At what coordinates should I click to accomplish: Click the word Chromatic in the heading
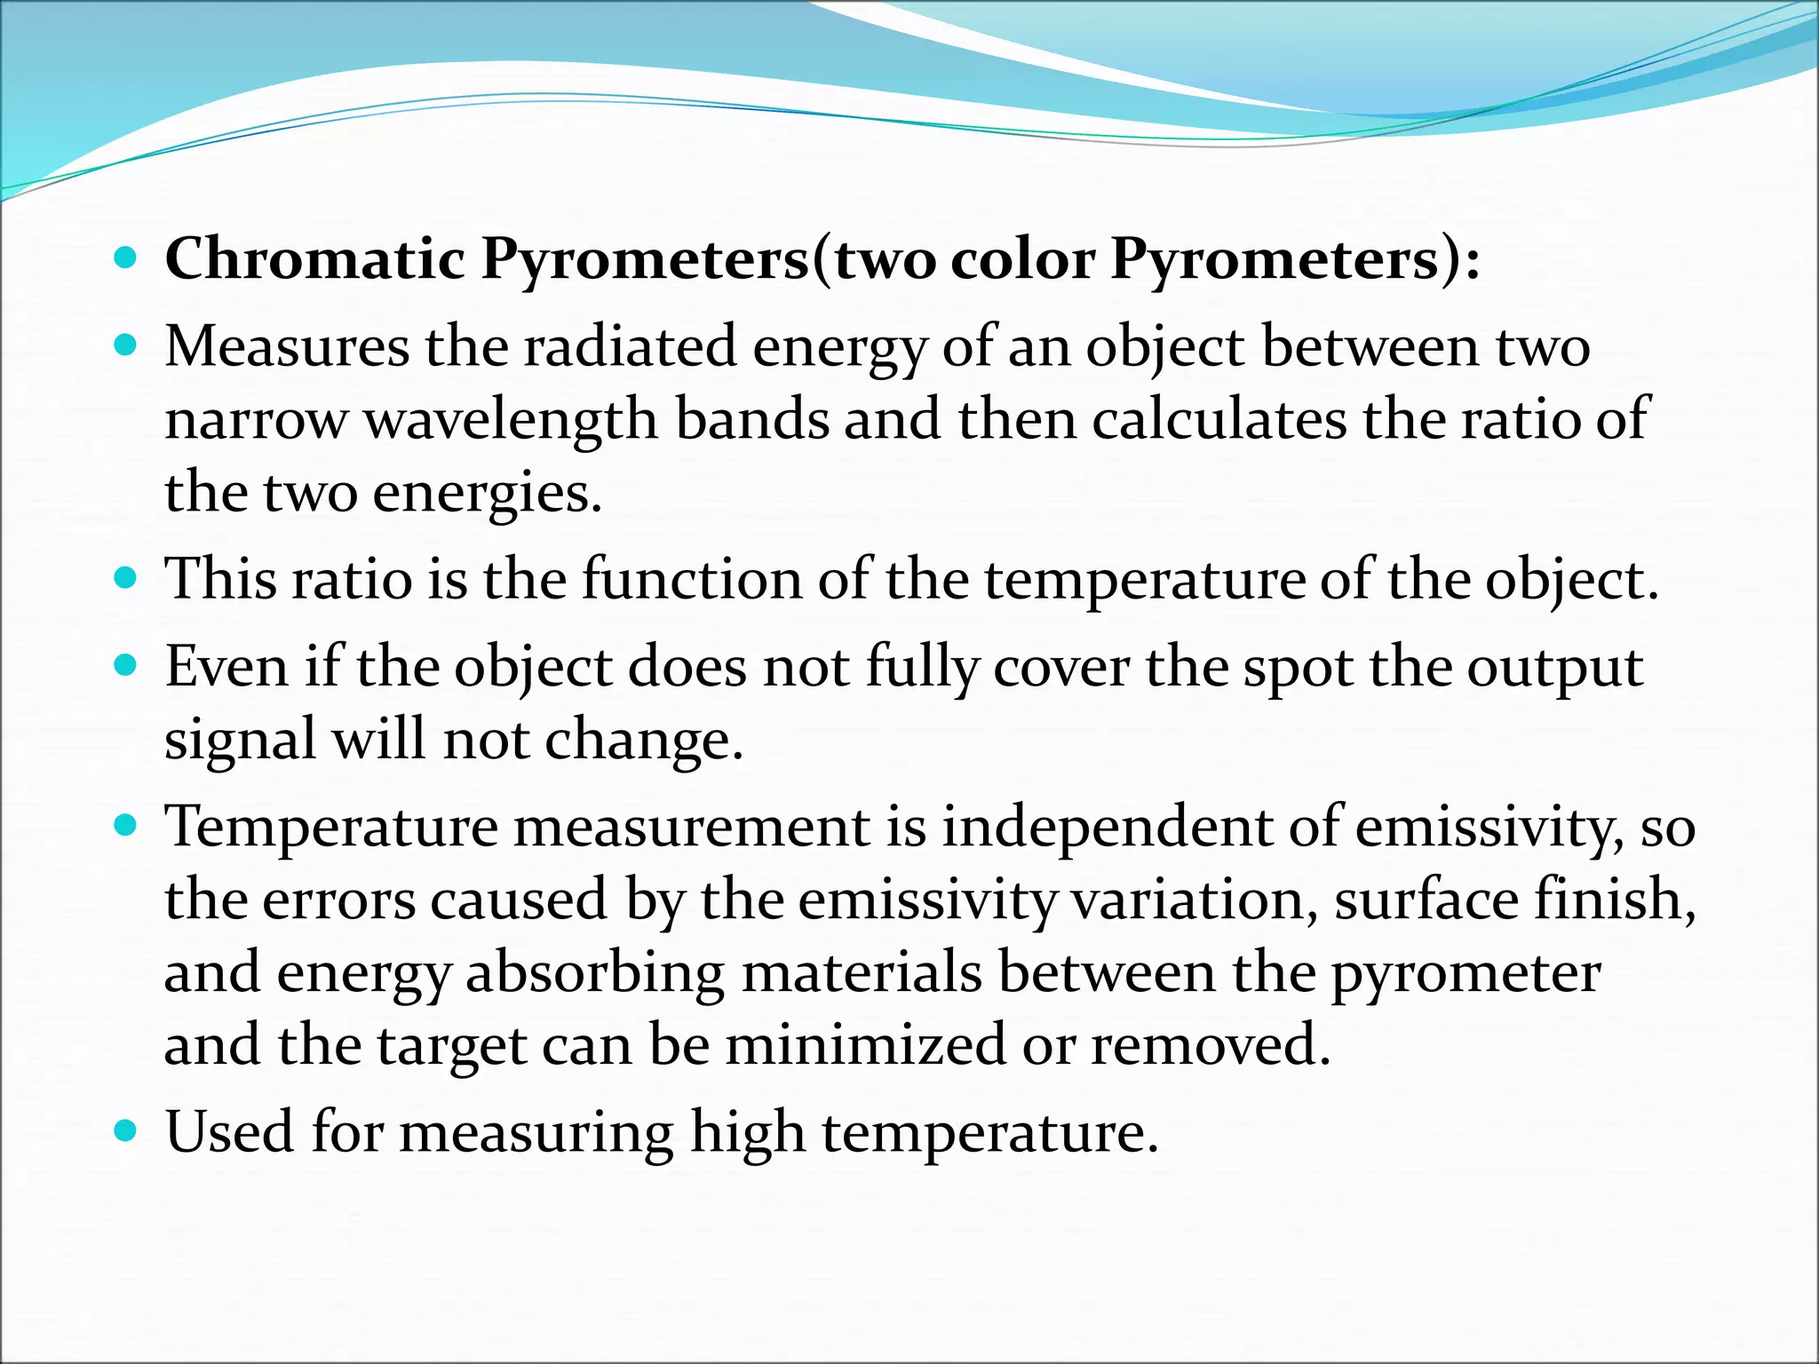point(315,259)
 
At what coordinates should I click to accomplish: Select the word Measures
point(287,346)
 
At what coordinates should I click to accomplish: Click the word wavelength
point(512,420)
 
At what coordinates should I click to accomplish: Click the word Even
point(227,666)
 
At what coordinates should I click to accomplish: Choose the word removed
point(1211,1045)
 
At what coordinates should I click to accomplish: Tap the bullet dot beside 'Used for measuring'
point(126,1130)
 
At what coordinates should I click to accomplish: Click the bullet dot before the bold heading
point(126,258)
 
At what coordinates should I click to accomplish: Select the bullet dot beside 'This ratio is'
point(126,578)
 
